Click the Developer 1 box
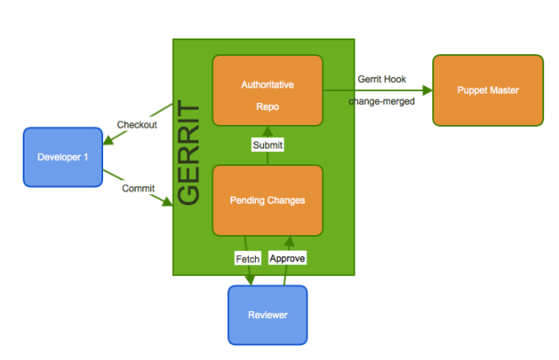point(63,157)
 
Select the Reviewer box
point(267,315)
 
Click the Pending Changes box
point(267,200)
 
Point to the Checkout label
point(137,125)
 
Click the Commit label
point(137,189)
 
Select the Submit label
point(267,145)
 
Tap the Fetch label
point(248,259)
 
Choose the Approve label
point(287,259)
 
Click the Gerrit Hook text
point(381,80)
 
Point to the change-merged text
point(381,101)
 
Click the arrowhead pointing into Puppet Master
point(427,90)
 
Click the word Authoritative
point(267,85)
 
